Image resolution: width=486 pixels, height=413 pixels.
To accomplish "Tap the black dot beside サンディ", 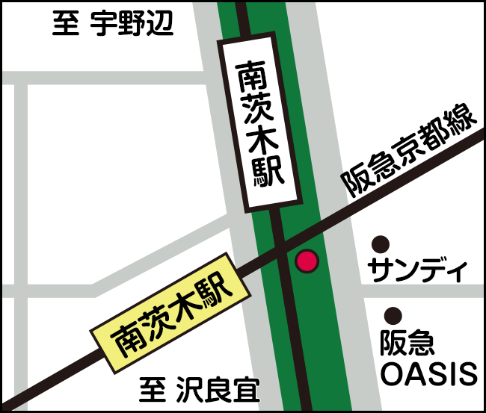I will pyautogui.click(x=381, y=243).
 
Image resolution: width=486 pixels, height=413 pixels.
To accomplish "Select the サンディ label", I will pyautogui.click(x=418, y=270).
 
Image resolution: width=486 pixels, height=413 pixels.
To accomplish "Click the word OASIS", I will pyautogui.click(x=428, y=373).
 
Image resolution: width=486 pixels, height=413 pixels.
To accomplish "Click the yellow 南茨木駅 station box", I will pyautogui.click(x=170, y=314).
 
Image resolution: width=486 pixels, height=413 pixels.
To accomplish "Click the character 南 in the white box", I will pyautogui.click(x=251, y=75).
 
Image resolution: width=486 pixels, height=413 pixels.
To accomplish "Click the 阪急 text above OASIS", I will pyautogui.click(x=407, y=344).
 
